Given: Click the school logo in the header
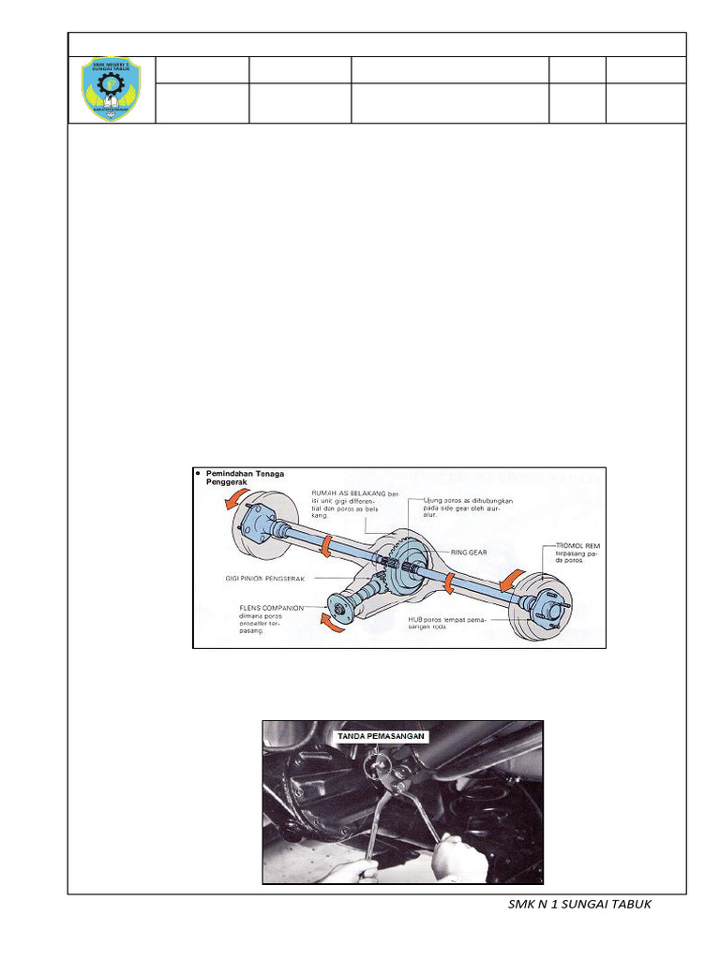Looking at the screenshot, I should pos(111,90).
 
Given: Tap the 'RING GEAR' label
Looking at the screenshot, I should pos(472,553).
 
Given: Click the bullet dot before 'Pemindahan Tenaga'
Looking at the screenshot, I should pos(199,474).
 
